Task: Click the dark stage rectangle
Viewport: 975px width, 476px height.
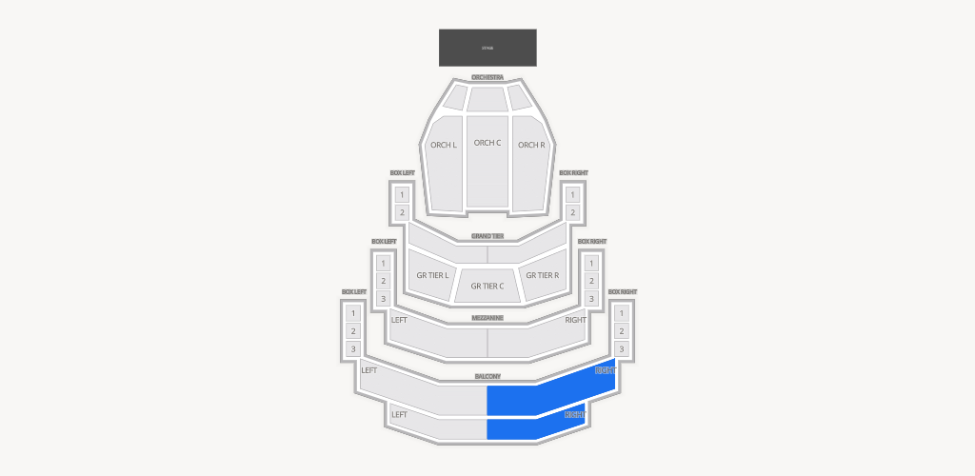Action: click(487, 48)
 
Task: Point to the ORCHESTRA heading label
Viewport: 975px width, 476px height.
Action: click(487, 77)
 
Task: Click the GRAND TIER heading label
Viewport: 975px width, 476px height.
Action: click(487, 236)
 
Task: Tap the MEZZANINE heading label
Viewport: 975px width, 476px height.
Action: click(487, 318)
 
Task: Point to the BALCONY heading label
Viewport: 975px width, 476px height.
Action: click(487, 377)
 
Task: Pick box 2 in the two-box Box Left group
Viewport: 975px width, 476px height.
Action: click(402, 212)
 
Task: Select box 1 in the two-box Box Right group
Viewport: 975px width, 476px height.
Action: click(572, 194)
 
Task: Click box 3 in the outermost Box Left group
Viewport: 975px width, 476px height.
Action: click(352, 349)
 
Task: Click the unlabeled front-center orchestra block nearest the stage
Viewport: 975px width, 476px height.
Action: click(487, 98)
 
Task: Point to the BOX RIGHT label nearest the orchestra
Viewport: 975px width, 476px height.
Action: click(573, 173)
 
